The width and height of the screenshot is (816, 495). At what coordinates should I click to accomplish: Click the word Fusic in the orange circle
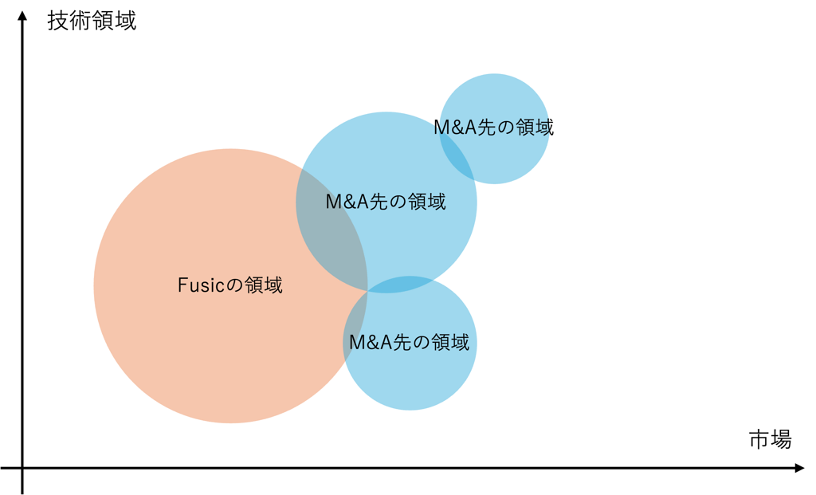(198, 285)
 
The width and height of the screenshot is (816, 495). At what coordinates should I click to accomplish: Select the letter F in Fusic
(182, 285)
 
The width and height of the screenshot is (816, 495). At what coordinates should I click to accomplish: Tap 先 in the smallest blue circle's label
(486, 128)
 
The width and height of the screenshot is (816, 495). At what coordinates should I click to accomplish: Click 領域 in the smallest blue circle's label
(533, 128)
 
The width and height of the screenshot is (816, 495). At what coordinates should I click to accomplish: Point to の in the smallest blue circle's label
(505, 128)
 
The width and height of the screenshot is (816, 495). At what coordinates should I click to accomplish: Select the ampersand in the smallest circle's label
(455, 128)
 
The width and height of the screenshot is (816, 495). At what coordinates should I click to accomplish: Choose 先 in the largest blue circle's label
(379, 202)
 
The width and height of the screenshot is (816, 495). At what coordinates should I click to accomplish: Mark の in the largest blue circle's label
(398, 202)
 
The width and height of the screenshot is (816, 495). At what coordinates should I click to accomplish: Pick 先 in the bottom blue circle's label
(402, 344)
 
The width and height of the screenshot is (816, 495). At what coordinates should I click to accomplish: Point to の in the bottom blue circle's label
(422, 344)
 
